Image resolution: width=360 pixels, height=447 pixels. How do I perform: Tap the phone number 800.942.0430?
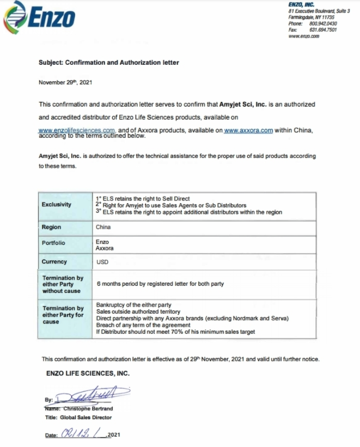pos(323,24)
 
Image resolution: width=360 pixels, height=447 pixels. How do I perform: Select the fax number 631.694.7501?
pos(323,30)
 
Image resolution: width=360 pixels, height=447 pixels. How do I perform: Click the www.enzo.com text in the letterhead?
pos(303,36)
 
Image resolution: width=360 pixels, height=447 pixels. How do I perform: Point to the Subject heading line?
pos(109,63)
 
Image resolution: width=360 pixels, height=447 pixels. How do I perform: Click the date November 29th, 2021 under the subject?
pos(65,82)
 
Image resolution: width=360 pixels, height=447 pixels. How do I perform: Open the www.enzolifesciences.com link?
pos(77,130)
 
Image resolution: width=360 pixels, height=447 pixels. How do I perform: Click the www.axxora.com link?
pos(248,130)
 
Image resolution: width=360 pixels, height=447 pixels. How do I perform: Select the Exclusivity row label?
pos(57,205)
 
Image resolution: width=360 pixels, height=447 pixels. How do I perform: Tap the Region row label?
pos(52,227)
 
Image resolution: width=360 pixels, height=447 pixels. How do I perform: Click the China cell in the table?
pos(103,227)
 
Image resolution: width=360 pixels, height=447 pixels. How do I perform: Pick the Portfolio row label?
pos(53,243)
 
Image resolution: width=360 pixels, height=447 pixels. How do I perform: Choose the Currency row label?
pos(54,261)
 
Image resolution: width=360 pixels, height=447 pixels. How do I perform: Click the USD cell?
pos(102,261)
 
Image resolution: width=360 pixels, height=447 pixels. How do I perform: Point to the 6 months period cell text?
pos(160,284)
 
